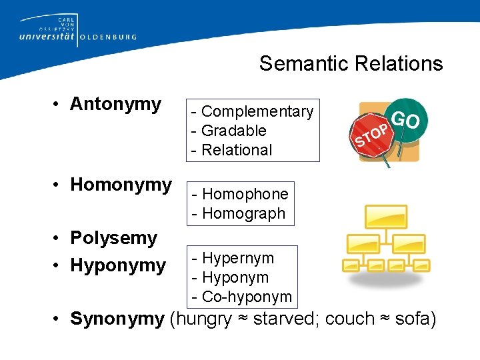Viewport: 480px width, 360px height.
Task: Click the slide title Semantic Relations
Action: coord(351,63)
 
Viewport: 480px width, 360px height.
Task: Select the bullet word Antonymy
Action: coord(115,104)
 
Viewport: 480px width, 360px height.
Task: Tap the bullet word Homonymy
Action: coord(121,185)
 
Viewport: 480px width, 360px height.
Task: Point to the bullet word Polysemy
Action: coord(113,238)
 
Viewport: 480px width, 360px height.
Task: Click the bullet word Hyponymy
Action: coord(118,265)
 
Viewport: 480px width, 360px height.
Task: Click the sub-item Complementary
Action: coord(257,111)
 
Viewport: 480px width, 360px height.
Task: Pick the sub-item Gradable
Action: coord(233,131)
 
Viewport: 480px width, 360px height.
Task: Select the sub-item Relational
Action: coord(237,150)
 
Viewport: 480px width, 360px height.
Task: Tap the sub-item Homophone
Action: coord(245,194)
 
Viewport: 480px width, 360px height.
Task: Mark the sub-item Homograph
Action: coord(243,213)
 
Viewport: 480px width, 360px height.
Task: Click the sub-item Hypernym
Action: coord(237,258)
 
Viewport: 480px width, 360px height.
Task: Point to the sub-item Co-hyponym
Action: coord(246,297)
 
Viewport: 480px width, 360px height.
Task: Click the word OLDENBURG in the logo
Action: coord(108,37)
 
